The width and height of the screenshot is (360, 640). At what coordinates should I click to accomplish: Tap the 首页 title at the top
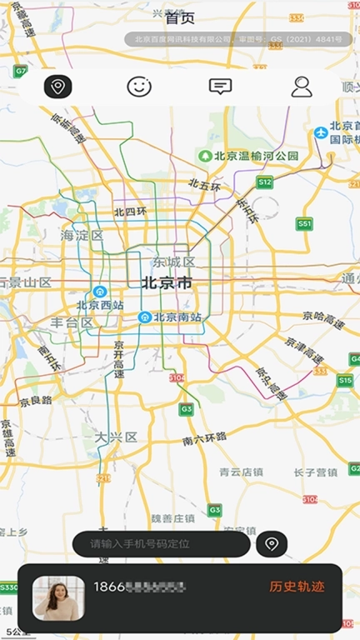[180, 17]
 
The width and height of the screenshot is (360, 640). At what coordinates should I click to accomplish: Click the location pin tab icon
[57, 86]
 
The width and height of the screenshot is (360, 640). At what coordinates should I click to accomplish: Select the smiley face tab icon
[139, 86]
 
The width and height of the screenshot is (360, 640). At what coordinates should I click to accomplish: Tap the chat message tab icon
[220, 86]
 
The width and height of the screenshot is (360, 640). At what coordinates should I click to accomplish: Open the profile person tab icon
[301, 86]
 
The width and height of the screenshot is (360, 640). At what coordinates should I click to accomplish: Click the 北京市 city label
[167, 283]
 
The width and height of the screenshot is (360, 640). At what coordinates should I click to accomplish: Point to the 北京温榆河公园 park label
[249, 155]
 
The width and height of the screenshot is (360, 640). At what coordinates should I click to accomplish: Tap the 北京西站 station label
[100, 305]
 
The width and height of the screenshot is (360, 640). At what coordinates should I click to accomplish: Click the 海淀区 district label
[82, 236]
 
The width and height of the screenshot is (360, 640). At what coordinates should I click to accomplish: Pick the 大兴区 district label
[115, 437]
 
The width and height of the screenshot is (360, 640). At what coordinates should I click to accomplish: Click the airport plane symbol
[321, 132]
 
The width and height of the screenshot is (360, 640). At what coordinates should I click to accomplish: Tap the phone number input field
[161, 544]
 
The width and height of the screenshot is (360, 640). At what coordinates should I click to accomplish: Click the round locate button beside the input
[272, 544]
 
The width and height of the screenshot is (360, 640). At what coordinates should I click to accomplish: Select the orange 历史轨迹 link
[297, 587]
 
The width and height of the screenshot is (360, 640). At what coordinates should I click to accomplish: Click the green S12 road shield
[265, 182]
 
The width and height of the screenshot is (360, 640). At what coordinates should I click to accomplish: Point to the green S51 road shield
[305, 224]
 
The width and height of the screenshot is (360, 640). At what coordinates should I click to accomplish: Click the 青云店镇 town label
[242, 472]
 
